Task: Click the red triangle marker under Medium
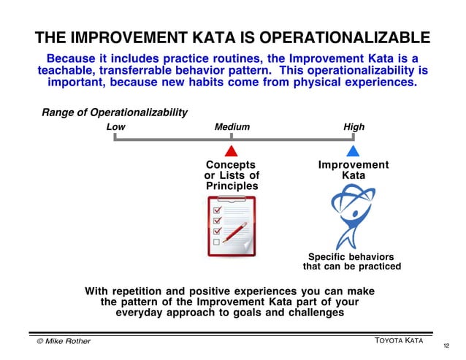pos(232,151)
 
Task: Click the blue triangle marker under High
pos(353,151)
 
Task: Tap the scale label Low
pos(115,127)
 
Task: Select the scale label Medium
pos(232,127)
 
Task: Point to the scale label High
pos(354,127)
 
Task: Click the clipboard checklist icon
pos(231,226)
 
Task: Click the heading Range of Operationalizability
pos(115,112)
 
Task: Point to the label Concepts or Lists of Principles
pos(232,176)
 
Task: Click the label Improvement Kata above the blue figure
pos(353,171)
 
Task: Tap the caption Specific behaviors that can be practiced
pos(351,261)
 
